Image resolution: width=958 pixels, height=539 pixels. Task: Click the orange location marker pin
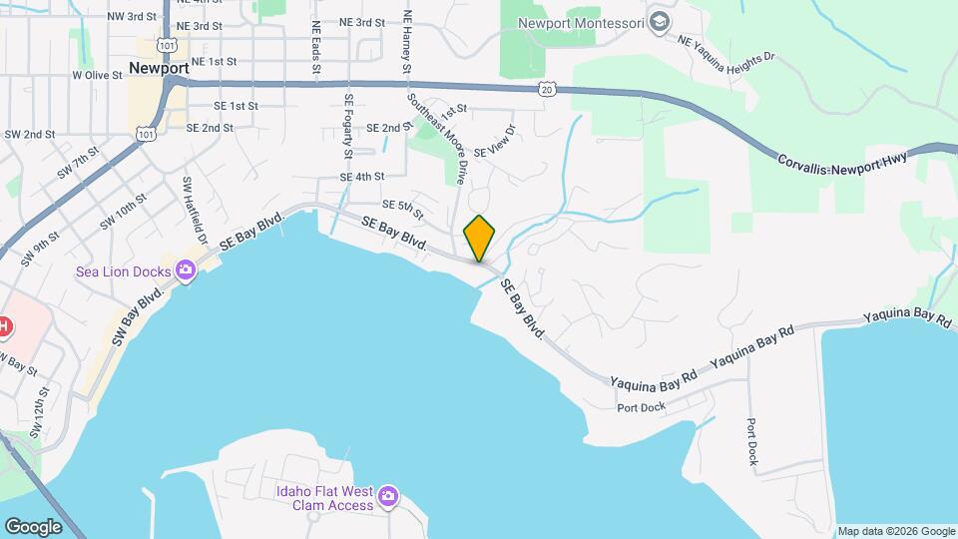pyautogui.click(x=480, y=238)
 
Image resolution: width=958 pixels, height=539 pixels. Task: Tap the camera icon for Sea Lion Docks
pyautogui.click(x=186, y=269)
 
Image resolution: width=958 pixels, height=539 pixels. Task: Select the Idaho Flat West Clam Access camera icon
pyautogui.click(x=388, y=495)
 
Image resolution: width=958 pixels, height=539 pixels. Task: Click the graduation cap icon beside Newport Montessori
pyautogui.click(x=659, y=21)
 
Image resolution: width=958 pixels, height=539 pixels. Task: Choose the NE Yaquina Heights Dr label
pyautogui.click(x=725, y=50)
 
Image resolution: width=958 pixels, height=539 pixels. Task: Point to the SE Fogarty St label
pyautogui.click(x=348, y=126)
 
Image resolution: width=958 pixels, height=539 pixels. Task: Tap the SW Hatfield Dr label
pyautogui.click(x=194, y=211)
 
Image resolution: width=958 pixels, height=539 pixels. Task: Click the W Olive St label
pyautogui.click(x=97, y=75)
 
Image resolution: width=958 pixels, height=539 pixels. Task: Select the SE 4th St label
pyautogui.click(x=362, y=177)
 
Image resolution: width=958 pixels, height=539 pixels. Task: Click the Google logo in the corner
pyautogui.click(x=33, y=526)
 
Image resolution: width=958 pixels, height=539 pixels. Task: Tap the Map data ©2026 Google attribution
pyautogui.click(x=895, y=531)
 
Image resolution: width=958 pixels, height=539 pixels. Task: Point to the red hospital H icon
pyautogui.click(x=4, y=326)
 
